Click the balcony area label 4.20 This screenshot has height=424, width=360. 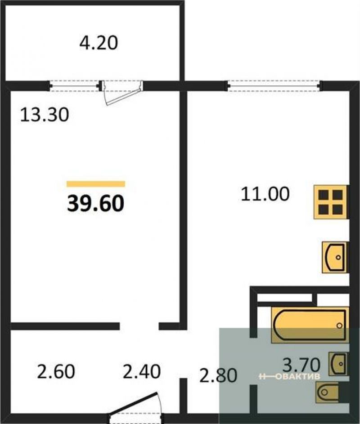[x=99, y=43]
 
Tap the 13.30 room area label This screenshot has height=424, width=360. [x=45, y=115]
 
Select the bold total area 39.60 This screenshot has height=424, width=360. [x=95, y=203]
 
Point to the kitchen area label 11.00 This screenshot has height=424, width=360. [x=265, y=194]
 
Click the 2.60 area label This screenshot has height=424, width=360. [x=56, y=371]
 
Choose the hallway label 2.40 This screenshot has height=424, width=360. [x=142, y=371]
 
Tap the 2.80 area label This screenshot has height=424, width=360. [x=218, y=375]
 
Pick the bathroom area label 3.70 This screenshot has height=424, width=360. [x=301, y=365]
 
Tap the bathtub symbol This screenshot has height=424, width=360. [x=310, y=325]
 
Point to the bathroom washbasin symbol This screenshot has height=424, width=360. [x=338, y=364]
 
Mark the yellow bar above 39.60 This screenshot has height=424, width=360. [x=96, y=184]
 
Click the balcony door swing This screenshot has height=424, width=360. [x=122, y=93]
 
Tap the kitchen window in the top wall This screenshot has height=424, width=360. [x=274, y=86]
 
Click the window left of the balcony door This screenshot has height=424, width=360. [x=75, y=86]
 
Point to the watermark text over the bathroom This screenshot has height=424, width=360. [x=290, y=376]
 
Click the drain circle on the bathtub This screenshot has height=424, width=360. [x=339, y=326]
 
